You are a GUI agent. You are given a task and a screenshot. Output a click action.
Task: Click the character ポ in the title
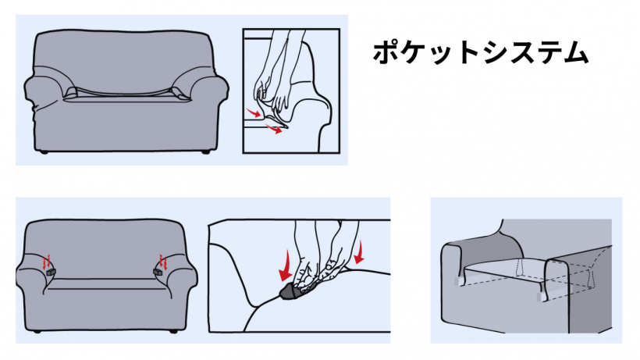click(386, 52)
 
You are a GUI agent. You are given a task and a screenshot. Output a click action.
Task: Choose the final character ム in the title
click(574, 52)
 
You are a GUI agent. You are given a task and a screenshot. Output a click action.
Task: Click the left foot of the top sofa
click(44, 151)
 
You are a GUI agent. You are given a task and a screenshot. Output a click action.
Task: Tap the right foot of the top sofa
click(206, 151)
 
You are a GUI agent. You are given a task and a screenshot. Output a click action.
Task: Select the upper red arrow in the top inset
click(254, 112)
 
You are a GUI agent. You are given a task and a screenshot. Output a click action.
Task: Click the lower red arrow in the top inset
click(274, 130)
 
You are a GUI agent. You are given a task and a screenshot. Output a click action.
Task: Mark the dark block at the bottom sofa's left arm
click(50, 273)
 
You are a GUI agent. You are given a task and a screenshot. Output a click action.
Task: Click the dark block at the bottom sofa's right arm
click(158, 272)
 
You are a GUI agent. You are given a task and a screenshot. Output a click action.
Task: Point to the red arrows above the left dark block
click(47, 262)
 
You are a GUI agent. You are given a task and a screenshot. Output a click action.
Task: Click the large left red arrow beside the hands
click(285, 266)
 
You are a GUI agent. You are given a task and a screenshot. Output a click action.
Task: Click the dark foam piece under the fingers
click(290, 291)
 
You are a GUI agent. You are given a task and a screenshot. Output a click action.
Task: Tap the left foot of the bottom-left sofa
click(37, 331)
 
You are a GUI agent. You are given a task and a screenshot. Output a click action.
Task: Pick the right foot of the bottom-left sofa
click(173, 331)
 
